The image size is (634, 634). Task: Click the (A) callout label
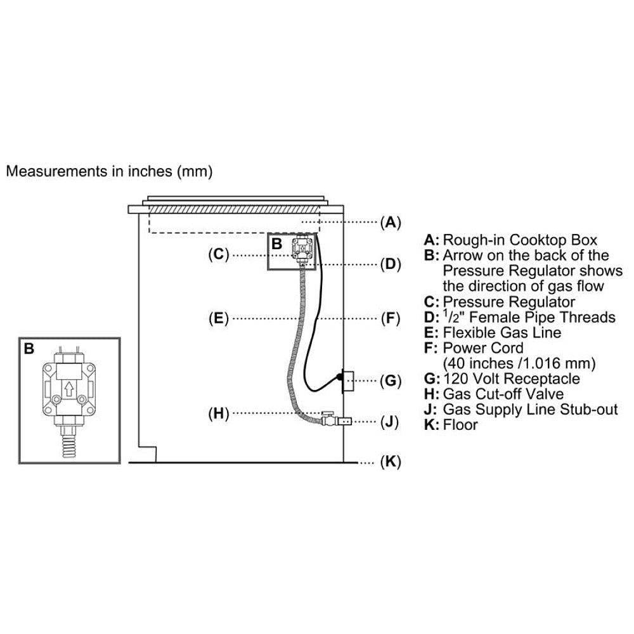(391, 222)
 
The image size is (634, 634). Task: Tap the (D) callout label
(391, 264)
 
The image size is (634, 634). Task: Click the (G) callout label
(391, 381)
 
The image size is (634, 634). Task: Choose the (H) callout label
(218, 414)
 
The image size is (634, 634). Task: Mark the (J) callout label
(390, 421)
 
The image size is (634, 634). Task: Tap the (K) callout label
(391, 462)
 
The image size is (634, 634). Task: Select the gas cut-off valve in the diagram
(327, 419)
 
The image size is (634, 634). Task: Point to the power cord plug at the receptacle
(340, 378)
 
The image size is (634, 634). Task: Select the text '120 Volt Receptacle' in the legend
(511, 378)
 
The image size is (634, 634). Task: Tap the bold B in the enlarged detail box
(29, 349)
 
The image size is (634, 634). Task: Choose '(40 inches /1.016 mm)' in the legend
(518, 363)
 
